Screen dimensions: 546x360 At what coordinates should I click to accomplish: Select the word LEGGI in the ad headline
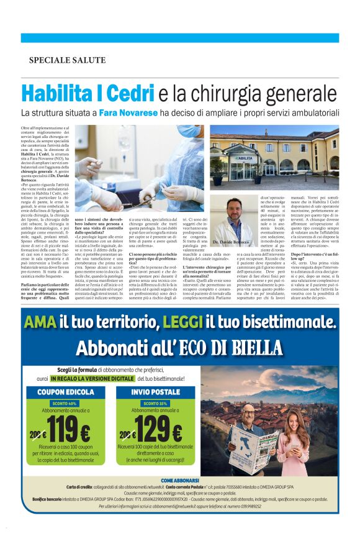(x=182, y=322)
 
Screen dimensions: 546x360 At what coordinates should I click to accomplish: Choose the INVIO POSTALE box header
(x=156, y=393)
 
